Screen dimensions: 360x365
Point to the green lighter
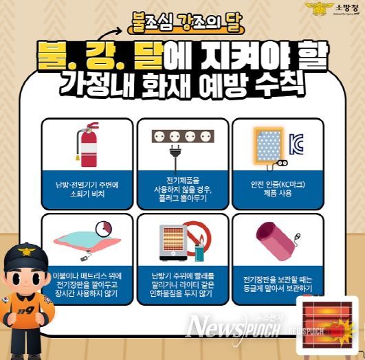199,251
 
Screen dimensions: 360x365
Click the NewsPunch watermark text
234,328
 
